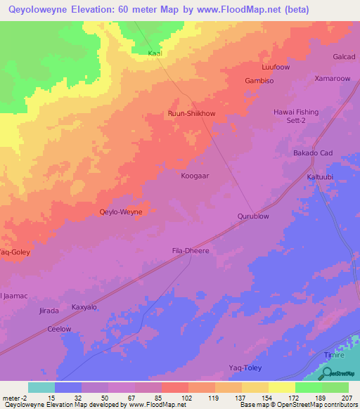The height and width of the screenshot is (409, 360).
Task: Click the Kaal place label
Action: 155,53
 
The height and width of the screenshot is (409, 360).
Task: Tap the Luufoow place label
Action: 276,67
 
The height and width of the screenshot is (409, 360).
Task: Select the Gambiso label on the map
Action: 259,81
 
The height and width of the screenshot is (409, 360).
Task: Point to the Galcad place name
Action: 345,57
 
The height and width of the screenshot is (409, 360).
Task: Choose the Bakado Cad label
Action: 313,153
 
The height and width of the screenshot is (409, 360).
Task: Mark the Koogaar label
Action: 195,176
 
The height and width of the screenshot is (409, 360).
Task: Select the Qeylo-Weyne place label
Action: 121,212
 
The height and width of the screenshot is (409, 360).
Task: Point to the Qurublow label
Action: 253,216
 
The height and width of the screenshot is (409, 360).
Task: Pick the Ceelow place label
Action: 59,329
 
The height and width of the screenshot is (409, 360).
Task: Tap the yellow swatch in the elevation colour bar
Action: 281,387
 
